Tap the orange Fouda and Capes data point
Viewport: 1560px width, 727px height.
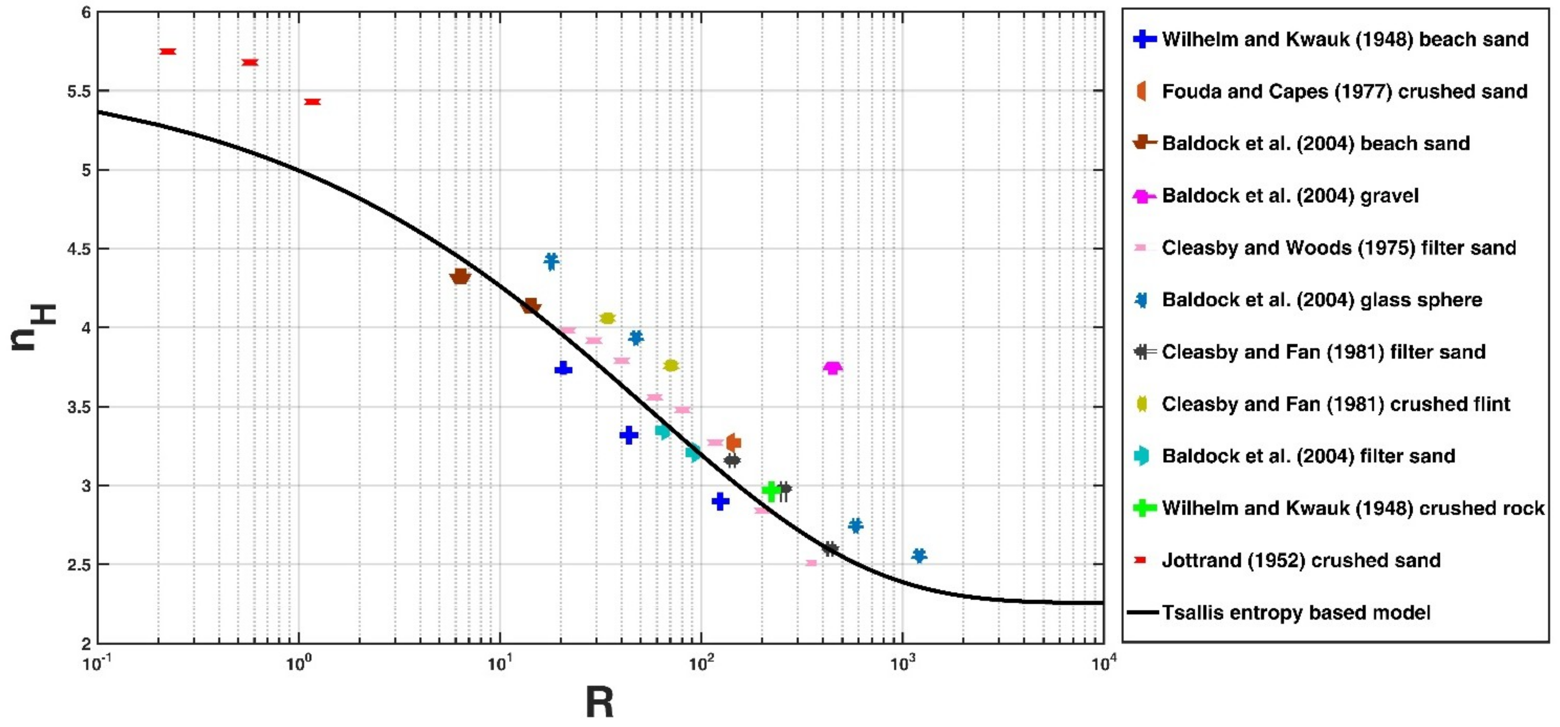pos(734,442)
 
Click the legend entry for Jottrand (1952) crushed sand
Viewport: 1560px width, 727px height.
pos(1301,560)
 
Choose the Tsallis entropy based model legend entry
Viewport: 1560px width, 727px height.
pos(1296,612)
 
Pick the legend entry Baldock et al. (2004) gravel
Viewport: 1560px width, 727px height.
pos(1290,196)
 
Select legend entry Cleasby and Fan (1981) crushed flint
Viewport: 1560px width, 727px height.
pos(1335,404)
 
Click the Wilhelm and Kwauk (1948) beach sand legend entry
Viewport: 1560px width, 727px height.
pos(1344,39)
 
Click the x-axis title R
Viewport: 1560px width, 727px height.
pos(599,703)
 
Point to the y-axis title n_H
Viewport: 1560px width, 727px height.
pos(33,327)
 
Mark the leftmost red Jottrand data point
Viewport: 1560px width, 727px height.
pos(168,51)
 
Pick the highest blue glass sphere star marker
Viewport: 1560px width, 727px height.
pos(551,262)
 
